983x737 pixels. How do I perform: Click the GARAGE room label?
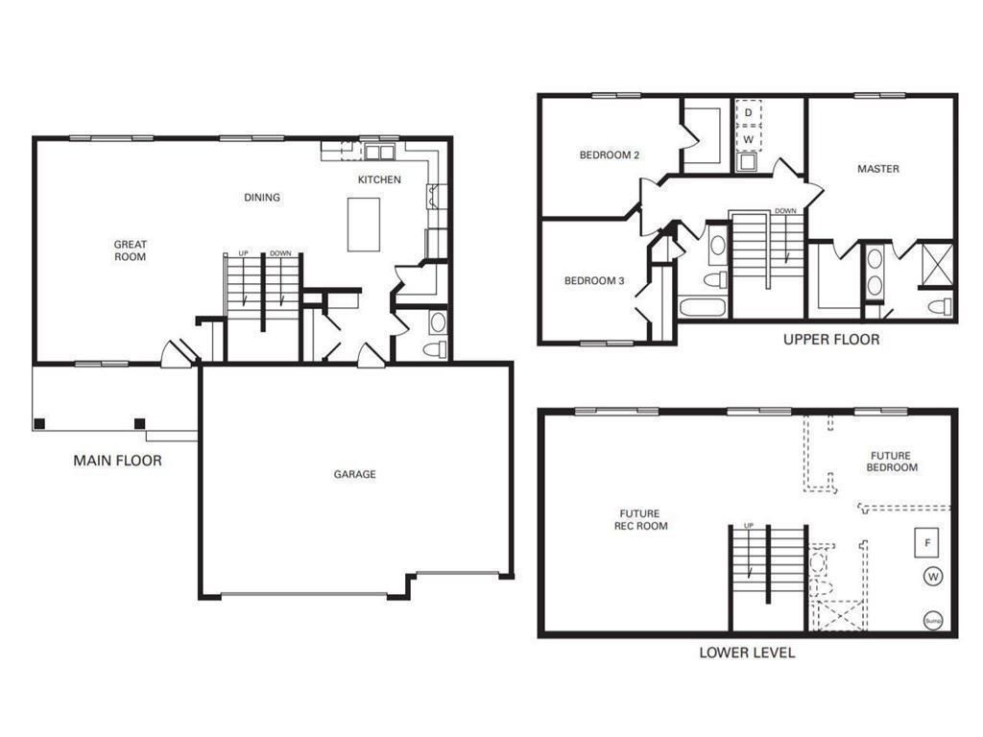pos(355,474)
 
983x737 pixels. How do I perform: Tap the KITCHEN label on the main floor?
pos(379,179)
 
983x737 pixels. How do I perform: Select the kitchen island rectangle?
pos(364,225)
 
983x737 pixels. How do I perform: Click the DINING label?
pos(262,198)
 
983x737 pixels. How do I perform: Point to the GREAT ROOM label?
pos(131,250)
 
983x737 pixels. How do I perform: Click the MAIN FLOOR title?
pos(118,461)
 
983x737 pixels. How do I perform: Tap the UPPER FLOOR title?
pos(831,340)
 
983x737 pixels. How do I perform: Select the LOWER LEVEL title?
pos(747,653)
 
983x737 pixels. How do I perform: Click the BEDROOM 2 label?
pos(610,155)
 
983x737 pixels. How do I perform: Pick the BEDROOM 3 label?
pos(594,281)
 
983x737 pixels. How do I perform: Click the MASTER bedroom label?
pos(878,169)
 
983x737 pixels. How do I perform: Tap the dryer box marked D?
pos(748,113)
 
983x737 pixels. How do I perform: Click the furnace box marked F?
pos(927,543)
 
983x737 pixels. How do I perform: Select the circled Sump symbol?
pos(933,621)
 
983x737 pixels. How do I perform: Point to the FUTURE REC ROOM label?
pos(640,520)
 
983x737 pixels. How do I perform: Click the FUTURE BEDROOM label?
pos(892,462)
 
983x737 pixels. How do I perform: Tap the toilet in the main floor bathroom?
pos(436,348)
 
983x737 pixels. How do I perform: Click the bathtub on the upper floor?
pos(704,308)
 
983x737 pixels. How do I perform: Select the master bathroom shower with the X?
pos(939,265)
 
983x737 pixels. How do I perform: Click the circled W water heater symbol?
pos(933,577)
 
